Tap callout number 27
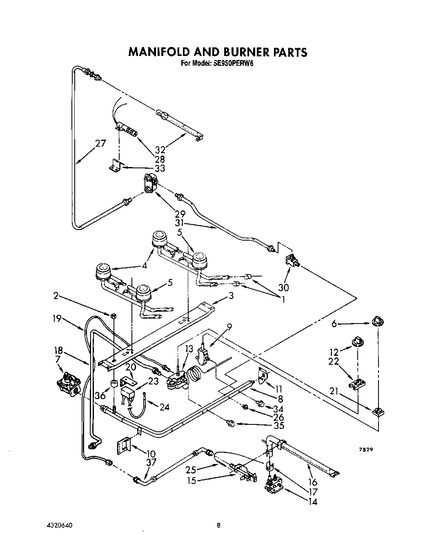[x=100, y=143]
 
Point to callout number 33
[x=160, y=168]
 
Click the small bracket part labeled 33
[x=115, y=166]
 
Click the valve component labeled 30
[x=291, y=260]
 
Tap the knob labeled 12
[x=358, y=341]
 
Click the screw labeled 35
[x=231, y=425]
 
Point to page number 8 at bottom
[x=218, y=525]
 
